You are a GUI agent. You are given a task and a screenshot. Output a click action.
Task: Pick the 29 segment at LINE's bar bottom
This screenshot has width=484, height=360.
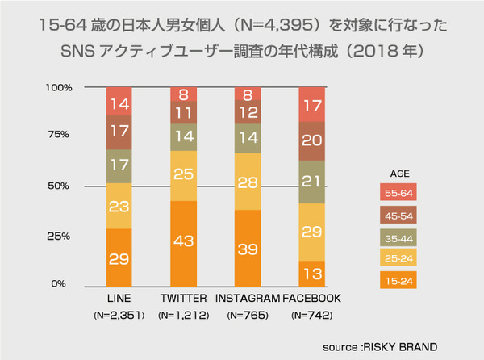(x=120, y=257)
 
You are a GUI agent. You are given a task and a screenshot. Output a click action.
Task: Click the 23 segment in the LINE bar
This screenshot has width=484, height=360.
(x=120, y=207)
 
